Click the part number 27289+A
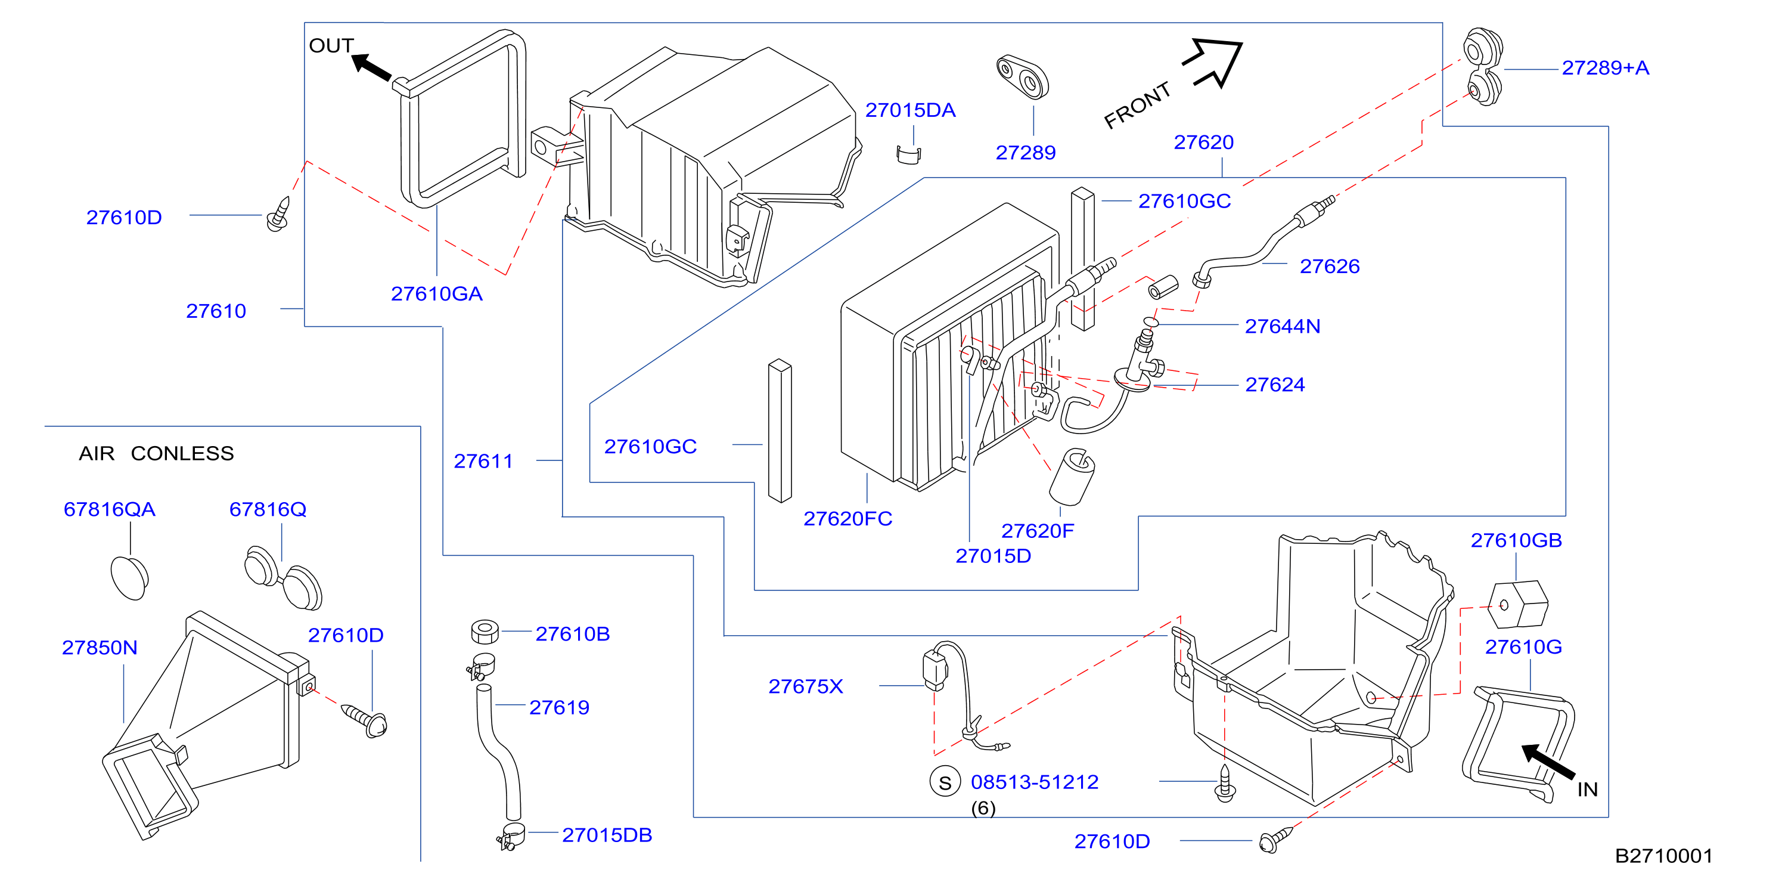1605,68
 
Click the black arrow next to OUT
371,67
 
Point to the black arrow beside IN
1548,761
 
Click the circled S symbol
945,782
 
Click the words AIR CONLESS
156,453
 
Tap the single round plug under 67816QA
129,577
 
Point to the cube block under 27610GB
1518,604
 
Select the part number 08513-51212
1034,782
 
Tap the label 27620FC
847,518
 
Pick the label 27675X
805,686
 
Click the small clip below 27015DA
909,155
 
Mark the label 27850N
100,648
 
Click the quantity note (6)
983,808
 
